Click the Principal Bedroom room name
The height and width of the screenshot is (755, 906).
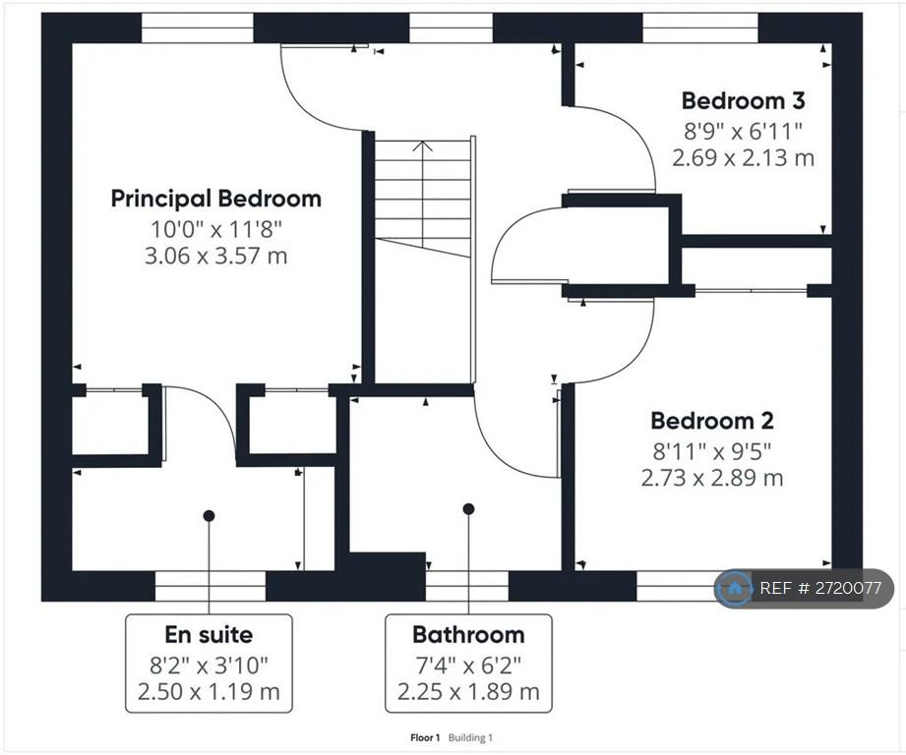216,199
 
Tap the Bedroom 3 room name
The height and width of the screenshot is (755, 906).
743,100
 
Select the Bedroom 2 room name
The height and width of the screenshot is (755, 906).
712,421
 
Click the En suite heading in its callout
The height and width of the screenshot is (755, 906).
209,634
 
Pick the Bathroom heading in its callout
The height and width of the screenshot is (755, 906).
468,634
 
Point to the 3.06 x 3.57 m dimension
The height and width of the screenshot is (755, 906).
216,256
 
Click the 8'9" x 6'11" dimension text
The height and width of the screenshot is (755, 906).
743,132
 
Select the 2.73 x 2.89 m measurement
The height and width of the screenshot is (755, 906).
712,478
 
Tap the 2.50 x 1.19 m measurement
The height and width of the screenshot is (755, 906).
209,691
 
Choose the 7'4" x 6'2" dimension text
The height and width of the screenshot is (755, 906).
468,666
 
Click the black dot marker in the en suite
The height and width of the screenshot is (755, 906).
210,515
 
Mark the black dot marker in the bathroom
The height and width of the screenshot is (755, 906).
468,509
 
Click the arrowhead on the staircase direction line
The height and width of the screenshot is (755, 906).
423,145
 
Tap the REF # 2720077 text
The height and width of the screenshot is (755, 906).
820,588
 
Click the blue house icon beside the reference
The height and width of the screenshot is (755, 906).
735,589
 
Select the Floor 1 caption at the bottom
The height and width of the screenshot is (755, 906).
425,737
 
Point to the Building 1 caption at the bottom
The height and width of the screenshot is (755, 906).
470,737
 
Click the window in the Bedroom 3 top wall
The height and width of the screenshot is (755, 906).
700,28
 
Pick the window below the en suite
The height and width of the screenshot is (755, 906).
211,586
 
